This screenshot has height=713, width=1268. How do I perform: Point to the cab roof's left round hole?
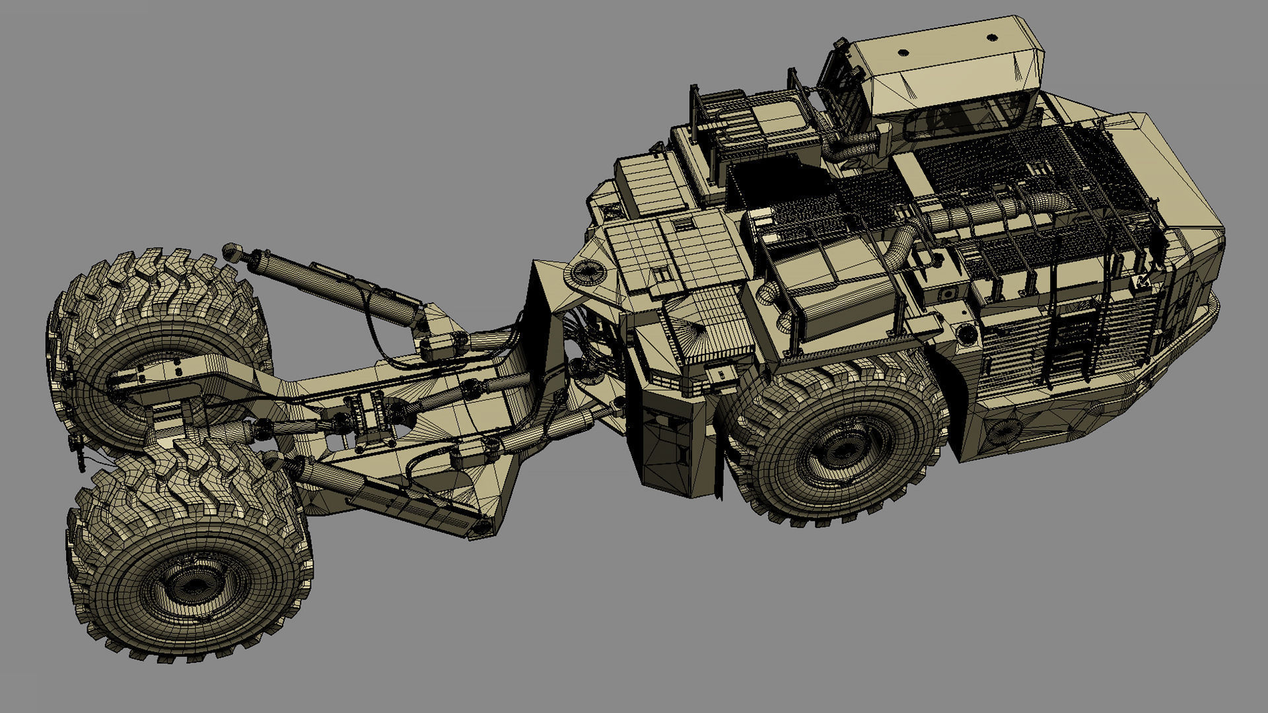click(x=904, y=52)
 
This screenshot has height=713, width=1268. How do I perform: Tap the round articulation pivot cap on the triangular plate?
click(x=588, y=269)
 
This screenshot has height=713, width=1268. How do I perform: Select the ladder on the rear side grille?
click(x=1070, y=343)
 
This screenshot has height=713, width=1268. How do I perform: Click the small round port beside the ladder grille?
click(x=968, y=333)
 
